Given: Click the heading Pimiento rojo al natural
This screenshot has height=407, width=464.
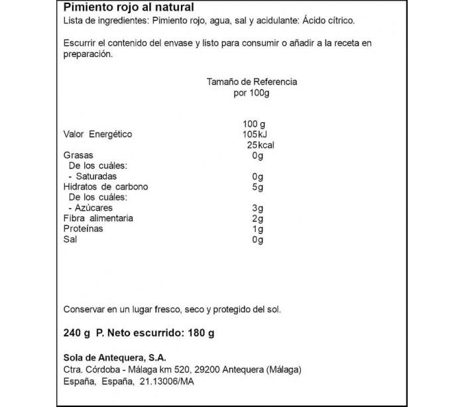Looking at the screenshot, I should click(x=129, y=8).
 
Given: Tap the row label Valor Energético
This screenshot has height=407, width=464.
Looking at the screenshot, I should click(x=97, y=135).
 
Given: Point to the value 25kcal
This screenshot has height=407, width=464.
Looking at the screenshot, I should click(x=261, y=145).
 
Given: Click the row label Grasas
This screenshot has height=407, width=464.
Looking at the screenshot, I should click(x=78, y=156).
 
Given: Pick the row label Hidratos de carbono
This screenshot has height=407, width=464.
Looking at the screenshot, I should click(x=105, y=187).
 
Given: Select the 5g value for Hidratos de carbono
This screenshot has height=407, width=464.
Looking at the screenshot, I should click(x=258, y=187).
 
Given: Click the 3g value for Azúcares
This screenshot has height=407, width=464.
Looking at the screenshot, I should click(x=258, y=208).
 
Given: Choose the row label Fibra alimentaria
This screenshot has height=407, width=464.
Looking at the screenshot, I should click(x=98, y=218).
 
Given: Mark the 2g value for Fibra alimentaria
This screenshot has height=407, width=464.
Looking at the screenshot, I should click(x=258, y=218).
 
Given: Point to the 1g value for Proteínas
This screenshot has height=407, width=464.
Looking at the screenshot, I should click(x=258, y=229).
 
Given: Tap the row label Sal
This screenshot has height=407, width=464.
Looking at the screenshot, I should click(x=70, y=239).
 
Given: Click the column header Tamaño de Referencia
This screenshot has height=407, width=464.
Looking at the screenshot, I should click(x=252, y=82).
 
